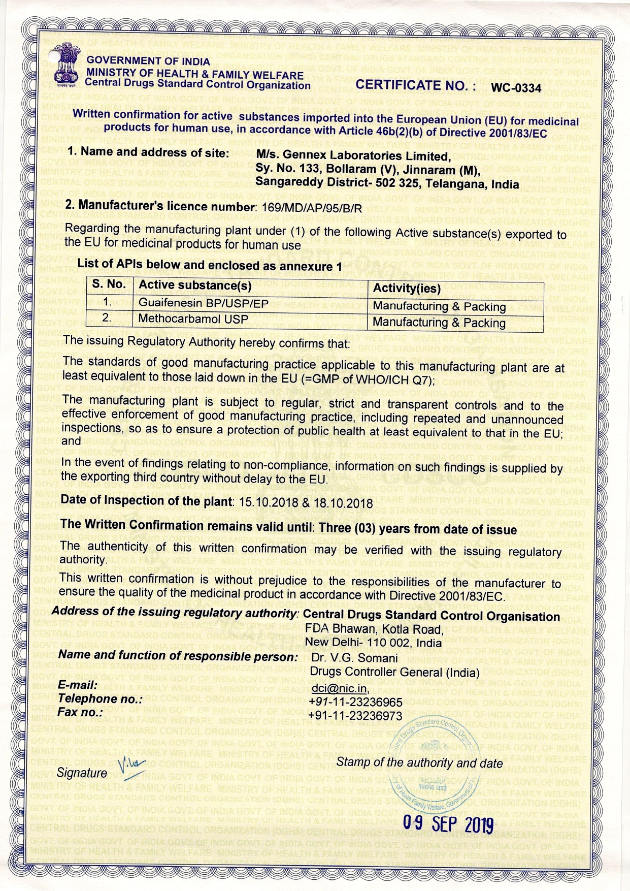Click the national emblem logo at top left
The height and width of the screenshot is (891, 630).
pos(69,70)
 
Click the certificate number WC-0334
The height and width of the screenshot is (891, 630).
pos(516,88)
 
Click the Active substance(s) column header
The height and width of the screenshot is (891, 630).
pos(195,285)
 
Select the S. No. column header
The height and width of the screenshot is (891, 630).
pos(109,284)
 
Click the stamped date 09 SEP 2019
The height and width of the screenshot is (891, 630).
pos(448,823)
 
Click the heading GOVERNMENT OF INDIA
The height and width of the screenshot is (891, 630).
pos(148,61)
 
